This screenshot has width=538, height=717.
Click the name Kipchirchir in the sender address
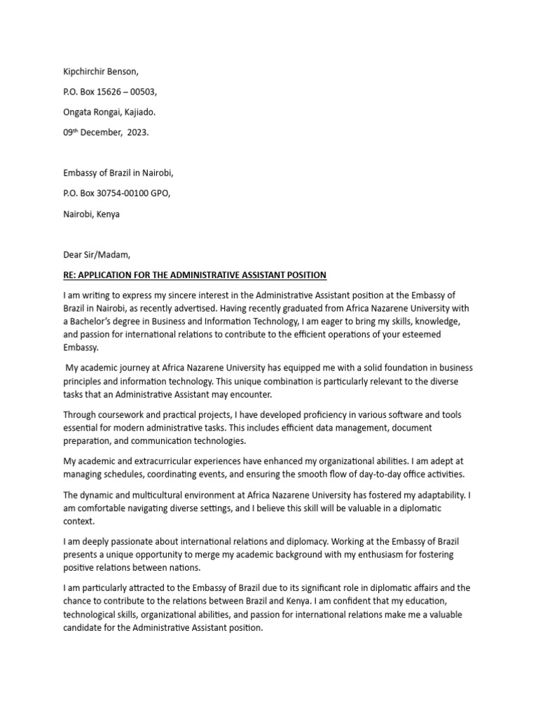[x=85, y=71]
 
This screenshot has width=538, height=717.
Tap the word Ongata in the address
[x=78, y=112]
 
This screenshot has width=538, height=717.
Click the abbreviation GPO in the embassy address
[x=157, y=194]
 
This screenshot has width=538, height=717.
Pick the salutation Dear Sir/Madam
[x=96, y=254]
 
